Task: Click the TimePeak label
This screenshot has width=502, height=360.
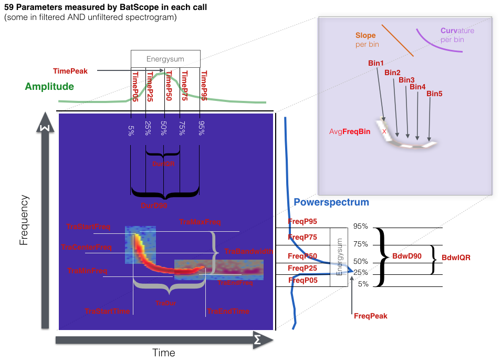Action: [x=70, y=71]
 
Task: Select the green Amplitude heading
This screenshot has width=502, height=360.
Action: [x=49, y=86]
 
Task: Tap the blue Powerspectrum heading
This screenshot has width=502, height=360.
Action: [x=331, y=202]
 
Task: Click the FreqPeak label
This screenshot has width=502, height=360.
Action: [x=371, y=316]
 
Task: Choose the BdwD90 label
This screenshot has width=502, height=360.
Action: [x=406, y=256]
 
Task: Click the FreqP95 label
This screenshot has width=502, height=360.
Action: [x=302, y=222]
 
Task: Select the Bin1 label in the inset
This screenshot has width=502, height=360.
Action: [x=376, y=63]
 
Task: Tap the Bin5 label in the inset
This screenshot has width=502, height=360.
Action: [x=434, y=94]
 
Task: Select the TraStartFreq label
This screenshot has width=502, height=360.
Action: [x=88, y=227]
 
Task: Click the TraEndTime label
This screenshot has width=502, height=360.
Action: [x=228, y=312]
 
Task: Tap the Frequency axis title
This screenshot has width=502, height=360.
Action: [x=23, y=220]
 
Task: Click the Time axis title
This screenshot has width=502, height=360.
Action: [x=164, y=352]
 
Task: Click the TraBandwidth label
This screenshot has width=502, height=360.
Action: [x=248, y=252]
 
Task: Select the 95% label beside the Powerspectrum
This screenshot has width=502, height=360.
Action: [x=361, y=227]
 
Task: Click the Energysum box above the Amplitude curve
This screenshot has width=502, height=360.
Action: [x=165, y=59]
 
